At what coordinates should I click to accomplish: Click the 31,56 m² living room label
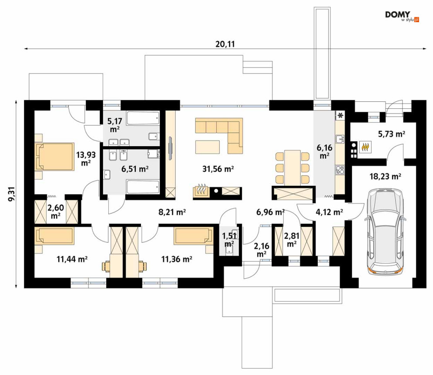218,169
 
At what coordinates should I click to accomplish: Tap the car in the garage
385,232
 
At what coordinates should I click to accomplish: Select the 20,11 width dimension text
225,44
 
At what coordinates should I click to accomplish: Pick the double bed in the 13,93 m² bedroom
55,157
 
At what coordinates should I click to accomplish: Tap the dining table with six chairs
292,168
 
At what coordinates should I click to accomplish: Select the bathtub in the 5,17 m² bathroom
143,118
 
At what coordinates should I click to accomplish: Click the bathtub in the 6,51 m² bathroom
143,187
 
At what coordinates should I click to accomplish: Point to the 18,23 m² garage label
385,176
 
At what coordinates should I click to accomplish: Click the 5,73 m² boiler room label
392,134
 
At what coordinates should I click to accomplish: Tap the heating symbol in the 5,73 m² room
366,147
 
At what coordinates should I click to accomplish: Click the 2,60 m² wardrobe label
56,211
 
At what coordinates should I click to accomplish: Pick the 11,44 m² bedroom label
72,259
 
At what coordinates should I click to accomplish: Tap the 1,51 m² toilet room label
229,239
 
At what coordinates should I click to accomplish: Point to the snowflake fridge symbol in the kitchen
340,115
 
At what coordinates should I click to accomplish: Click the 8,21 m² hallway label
172,212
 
